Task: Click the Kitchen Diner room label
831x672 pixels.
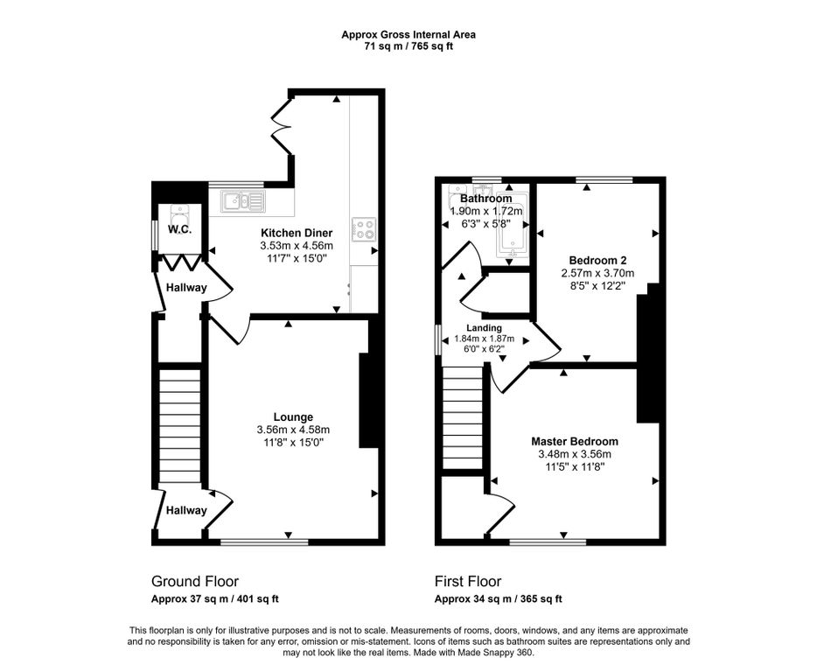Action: pyautogui.click(x=297, y=233)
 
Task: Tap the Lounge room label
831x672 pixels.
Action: pyautogui.click(x=293, y=417)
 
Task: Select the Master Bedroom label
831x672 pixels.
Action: pyautogui.click(x=575, y=442)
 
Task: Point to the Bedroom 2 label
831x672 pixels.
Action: pyautogui.click(x=597, y=260)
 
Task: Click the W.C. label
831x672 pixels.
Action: pyautogui.click(x=179, y=230)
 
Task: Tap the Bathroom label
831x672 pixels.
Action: pyautogui.click(x=486, y=199)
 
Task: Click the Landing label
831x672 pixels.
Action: pyautogui.click(x=484, y=328)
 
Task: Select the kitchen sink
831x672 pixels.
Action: pyautogui.click(x=243, y=201)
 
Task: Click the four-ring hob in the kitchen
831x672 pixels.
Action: pyautogui.click(x=364, y=229)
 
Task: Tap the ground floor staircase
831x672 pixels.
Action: pyautogui.click(x=180, y=426)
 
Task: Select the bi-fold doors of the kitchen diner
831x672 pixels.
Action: pyautogui.click(x=282, y=126)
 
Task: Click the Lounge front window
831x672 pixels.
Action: pyautogui.click(x=264, y=542)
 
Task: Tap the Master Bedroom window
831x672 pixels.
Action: pyautogui.click(x=548, y=542)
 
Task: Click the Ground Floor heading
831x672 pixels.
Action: pyautogui.click(x=195, y=581)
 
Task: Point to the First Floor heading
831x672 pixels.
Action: pyautogui.click(x=468, y=581)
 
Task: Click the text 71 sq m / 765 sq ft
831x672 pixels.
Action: pyautogui.click(x=409, y=46)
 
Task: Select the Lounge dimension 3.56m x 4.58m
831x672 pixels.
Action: pyautogui.click(x=293, y=430)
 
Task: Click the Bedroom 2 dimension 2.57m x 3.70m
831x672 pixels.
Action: pyautogui.click(x=597, y=274)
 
